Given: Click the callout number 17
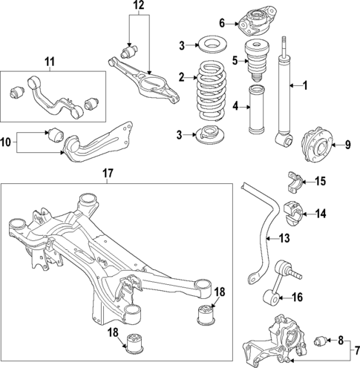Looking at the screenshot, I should (x=108, y=174).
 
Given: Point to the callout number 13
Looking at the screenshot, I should (x=284, y=239).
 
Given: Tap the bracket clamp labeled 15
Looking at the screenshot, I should (x=295, y=181).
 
